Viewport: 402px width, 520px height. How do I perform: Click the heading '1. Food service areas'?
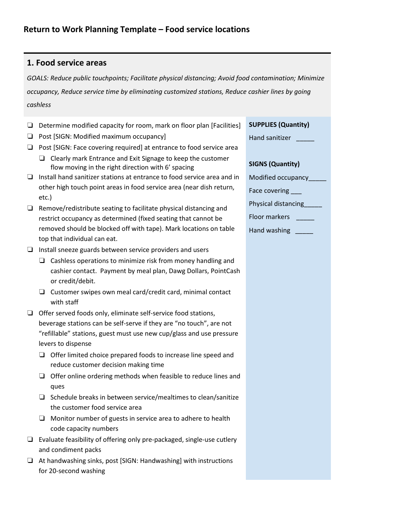66,63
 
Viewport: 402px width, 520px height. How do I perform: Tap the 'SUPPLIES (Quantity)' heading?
279,125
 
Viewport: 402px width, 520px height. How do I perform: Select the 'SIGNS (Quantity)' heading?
274,164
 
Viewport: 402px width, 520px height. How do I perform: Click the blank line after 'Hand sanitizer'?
305,139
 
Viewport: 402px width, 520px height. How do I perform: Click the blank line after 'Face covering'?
296,192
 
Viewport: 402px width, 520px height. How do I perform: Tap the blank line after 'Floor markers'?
305,218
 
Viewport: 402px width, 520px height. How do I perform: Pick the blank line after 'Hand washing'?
304,231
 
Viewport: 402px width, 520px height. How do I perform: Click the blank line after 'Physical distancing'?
313,205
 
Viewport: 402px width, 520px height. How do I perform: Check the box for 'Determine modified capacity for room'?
30,126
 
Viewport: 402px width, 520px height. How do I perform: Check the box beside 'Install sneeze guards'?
30,250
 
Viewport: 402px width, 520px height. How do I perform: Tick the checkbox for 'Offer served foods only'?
30,313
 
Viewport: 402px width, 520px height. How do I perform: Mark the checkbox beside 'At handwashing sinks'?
30,461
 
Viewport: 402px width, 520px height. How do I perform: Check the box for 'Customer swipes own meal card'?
42,292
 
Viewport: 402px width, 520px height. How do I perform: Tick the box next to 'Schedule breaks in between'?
42,397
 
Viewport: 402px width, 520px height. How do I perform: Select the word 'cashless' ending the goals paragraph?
39,105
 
